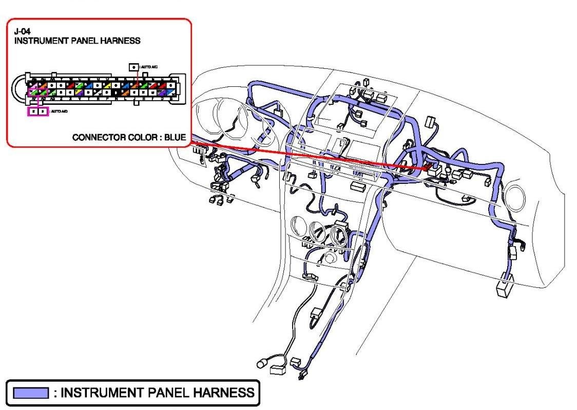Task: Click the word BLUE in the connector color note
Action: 175,138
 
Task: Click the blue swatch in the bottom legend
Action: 31,394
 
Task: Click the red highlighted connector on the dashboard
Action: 427,167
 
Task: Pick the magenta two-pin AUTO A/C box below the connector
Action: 38,110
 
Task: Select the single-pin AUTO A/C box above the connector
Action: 133,67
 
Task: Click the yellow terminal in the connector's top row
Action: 108,85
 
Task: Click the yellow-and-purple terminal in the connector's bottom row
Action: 79,93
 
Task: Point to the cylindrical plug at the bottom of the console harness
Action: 261,364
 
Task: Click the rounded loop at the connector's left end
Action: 20,88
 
